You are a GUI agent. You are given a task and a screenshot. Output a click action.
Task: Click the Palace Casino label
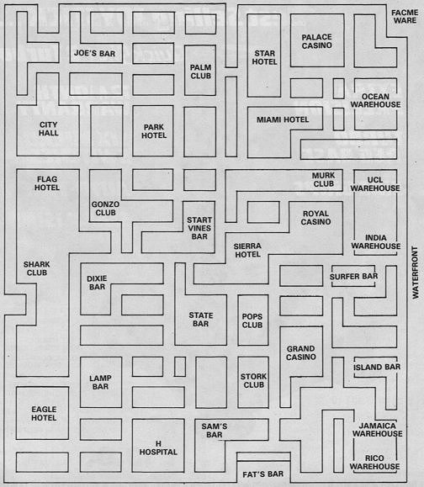317,41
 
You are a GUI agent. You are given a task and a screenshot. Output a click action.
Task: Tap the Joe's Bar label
94,54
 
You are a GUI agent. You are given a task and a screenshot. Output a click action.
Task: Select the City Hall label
49,129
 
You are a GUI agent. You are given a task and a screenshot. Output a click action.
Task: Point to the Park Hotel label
154,131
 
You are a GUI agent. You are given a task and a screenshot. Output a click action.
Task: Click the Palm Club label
201,71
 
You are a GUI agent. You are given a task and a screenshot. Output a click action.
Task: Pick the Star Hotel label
265,58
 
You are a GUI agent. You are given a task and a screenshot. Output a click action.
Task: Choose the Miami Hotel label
283,119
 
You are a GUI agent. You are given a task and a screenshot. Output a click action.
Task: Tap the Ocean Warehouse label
375,101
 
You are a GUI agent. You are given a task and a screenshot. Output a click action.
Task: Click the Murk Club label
324,180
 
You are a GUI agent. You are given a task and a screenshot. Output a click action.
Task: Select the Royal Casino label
316,218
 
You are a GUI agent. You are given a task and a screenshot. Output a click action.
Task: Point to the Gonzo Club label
106,209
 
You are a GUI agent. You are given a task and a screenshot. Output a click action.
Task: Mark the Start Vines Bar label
199,228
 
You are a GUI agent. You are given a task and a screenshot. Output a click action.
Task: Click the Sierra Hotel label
247,251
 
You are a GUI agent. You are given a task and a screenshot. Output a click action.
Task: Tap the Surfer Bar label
354,277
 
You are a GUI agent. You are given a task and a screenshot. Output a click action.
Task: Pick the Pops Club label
252,320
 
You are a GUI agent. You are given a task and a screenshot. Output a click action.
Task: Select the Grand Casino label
301,353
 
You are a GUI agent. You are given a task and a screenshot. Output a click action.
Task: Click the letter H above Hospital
158,444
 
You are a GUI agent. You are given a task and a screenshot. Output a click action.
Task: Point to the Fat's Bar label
263,474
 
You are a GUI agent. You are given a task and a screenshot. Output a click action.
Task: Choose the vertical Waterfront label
416,273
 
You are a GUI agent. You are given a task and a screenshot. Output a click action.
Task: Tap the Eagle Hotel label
44,414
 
